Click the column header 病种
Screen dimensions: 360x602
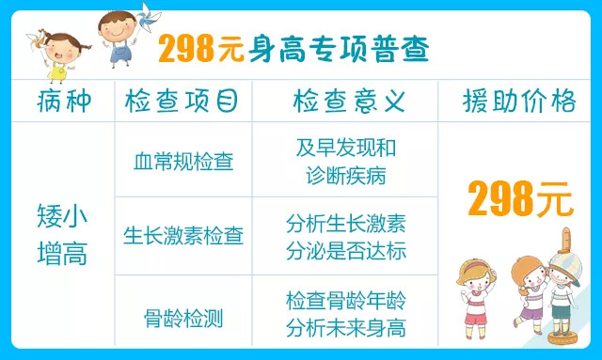65,101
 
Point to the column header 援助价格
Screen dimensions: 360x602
519,101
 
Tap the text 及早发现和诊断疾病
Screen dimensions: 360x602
346,161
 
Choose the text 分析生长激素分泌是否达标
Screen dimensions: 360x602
346,235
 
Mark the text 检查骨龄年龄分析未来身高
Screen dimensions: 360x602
346,314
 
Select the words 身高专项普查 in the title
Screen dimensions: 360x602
338,50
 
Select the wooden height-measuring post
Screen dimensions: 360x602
565,282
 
